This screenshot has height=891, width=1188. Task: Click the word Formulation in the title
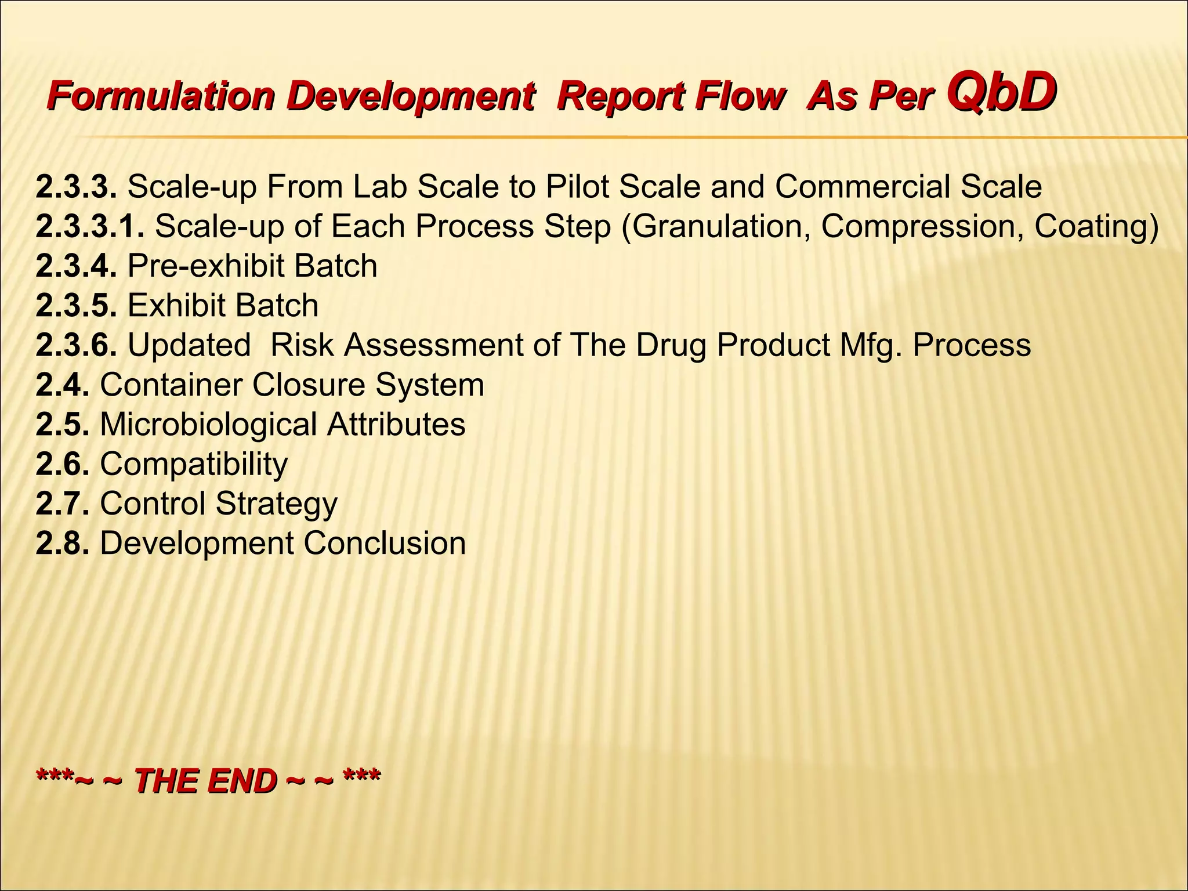tap(161, 96)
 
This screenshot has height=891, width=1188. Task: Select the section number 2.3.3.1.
tap(90, 226)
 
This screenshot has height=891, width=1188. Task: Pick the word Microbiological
tap(208, 424)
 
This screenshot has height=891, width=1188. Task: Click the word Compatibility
tap(194, 464)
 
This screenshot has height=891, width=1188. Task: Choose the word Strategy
tap(277, 504)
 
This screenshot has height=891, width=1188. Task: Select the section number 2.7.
tap(63, 504)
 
